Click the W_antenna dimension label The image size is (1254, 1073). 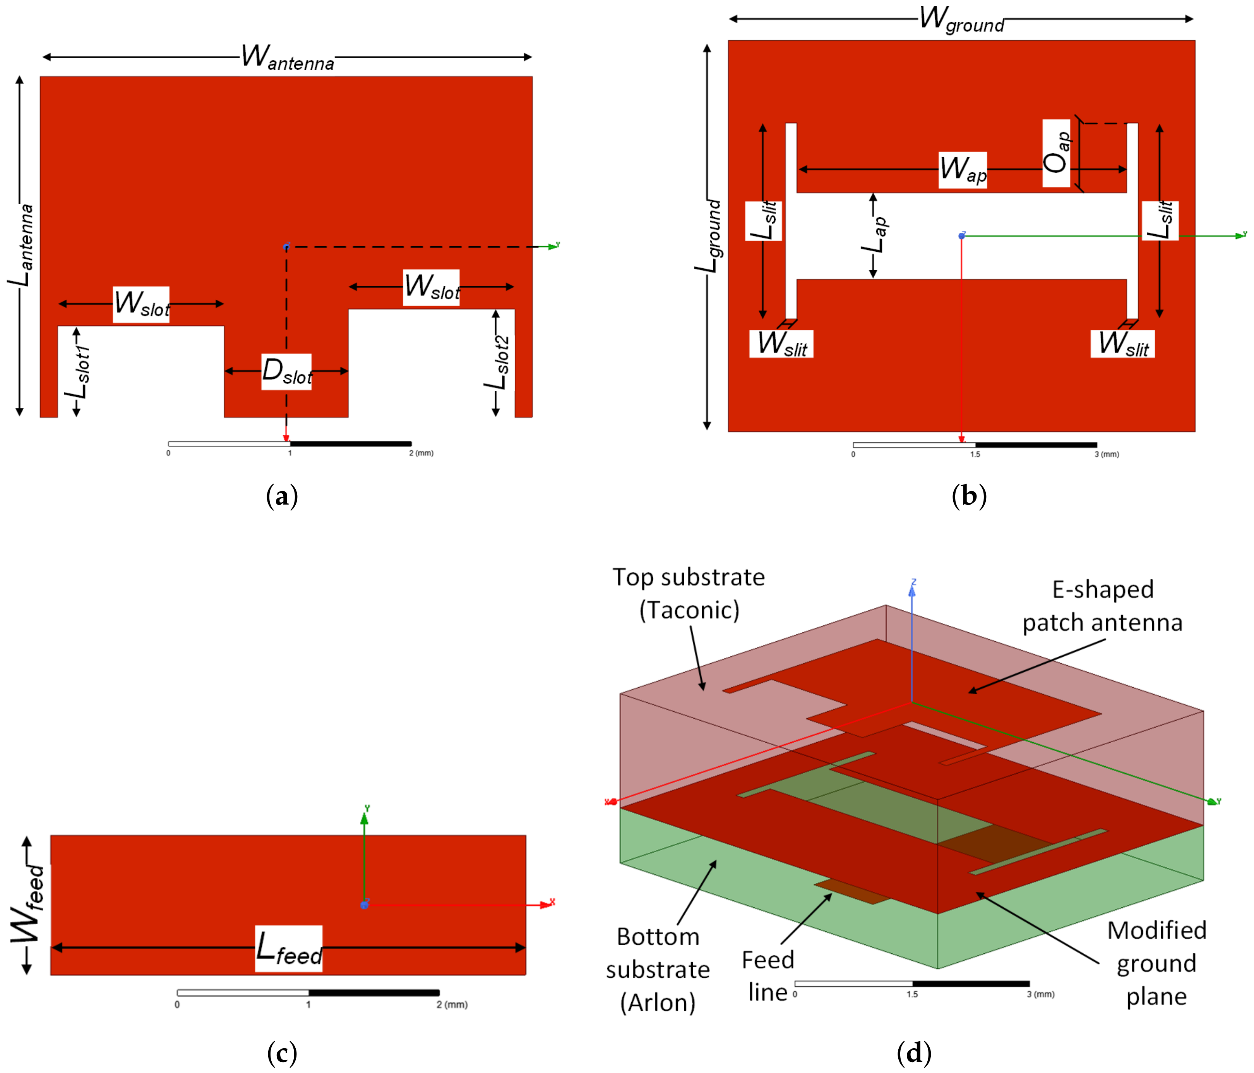pos(288,58)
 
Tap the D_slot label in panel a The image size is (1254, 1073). pos(286,371)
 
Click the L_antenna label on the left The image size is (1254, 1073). pos(21,245)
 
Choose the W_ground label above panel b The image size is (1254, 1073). pos(961,19)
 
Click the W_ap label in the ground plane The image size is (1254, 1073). pos(962,170)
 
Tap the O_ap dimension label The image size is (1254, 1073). pos(1056,153)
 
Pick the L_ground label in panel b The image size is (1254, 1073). pos(708,236)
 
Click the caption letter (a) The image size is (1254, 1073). pos(282,496)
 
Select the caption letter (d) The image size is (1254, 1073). pos(914,1053)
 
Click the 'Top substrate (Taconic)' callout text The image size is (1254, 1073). pos(689,593)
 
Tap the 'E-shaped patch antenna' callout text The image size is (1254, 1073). pos(1102,606)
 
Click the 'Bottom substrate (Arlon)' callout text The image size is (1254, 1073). pos(658,970)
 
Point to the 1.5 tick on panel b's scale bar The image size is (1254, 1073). pos(975,454)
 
